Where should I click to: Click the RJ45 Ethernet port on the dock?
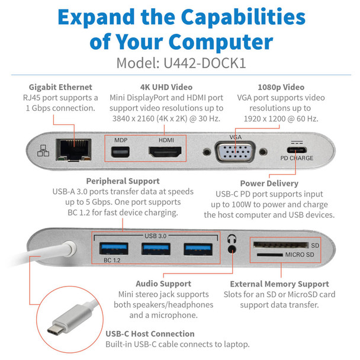click(69, 152)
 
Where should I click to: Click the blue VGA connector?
click(236, 153)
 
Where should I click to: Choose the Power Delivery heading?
click(269, 184)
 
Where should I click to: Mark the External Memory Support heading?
click(279, 284)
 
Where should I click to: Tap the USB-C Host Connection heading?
click(146, 333)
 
